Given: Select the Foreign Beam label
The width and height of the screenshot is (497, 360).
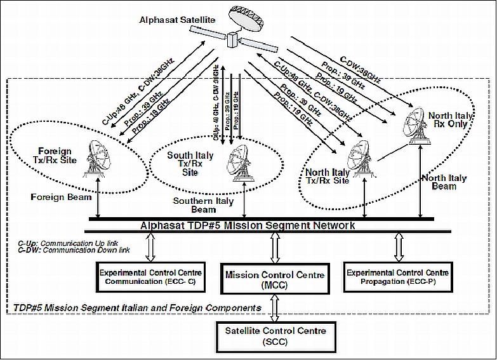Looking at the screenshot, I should coord(58,197).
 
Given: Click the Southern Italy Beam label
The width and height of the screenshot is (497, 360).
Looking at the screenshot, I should coord(203,205).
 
